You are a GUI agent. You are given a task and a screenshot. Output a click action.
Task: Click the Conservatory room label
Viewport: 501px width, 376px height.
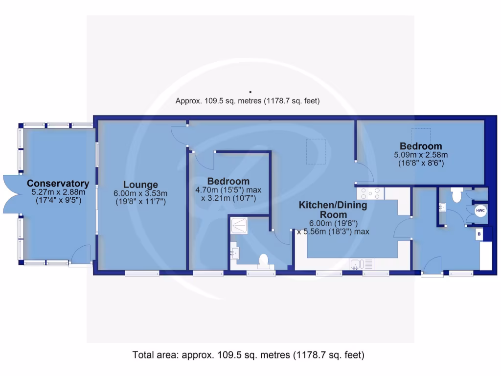[58, 184]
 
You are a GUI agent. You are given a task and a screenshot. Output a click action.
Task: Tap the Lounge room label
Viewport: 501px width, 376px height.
[140, 185]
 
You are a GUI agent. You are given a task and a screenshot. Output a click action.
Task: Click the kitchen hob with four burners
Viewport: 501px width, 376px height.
[371, 193]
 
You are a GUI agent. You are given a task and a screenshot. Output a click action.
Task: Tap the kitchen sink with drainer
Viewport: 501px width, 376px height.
[361, 264]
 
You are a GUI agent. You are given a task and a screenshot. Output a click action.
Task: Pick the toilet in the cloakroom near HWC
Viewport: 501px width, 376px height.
[457, 196]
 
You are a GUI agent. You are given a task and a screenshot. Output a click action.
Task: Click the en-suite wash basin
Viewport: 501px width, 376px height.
[235, 253]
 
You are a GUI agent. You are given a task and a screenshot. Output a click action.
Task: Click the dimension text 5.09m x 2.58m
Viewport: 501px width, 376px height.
[421, 155]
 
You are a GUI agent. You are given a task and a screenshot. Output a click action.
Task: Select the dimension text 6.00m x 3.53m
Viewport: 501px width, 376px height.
[140, 193]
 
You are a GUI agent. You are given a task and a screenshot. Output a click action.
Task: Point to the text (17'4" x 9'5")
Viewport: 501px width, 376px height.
[58, 200]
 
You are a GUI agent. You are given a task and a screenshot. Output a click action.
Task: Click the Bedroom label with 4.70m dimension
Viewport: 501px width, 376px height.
[228, 181]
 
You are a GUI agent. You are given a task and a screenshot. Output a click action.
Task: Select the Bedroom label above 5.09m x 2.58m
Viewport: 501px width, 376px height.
[421, 146]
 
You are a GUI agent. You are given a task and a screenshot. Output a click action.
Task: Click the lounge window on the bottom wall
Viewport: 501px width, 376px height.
[142, 272]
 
